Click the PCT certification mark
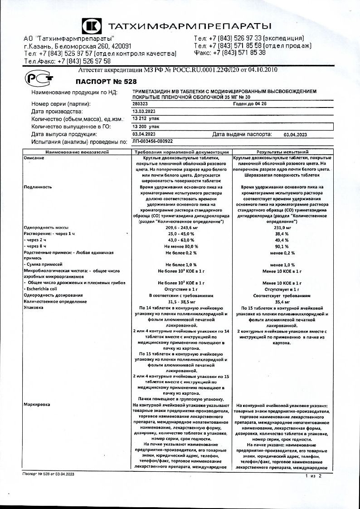(35, 78)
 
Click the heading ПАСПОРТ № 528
(98, 82)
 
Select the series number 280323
(141, 104)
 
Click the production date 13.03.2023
(144, 111)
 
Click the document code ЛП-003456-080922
(156, 142)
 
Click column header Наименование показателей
(77, 152)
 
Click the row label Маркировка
(37, 404)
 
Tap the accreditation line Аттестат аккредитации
(178, 70)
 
